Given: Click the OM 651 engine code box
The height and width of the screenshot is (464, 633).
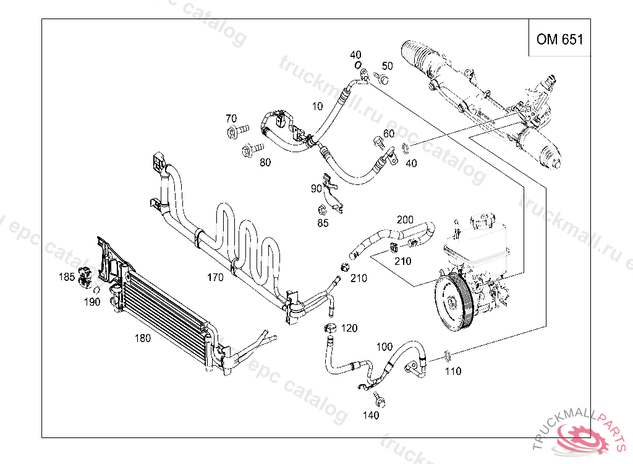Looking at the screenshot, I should click(559, 40).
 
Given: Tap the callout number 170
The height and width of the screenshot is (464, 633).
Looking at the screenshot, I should click(215, 278).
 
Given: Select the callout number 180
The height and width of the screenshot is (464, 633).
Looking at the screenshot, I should click(143, 338).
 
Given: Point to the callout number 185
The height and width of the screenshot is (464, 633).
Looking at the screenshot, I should click(67, 277).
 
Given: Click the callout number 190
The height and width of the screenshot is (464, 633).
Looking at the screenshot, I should click(92, 302).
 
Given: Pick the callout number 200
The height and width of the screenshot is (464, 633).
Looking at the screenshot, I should click(405, 220).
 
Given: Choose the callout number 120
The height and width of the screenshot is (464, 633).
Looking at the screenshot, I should click(349, 328).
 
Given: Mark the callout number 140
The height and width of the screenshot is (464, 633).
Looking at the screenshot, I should click(371, 415).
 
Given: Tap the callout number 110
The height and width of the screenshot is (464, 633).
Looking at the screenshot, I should click(453, 371).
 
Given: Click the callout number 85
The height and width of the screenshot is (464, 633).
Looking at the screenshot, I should click(323, 223).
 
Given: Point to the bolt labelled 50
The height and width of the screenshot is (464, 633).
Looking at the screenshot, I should click(382, 79).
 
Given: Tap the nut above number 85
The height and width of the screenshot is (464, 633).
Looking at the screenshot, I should click(321, 209).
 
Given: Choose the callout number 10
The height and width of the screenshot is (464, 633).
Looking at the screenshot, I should click(317, 106).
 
